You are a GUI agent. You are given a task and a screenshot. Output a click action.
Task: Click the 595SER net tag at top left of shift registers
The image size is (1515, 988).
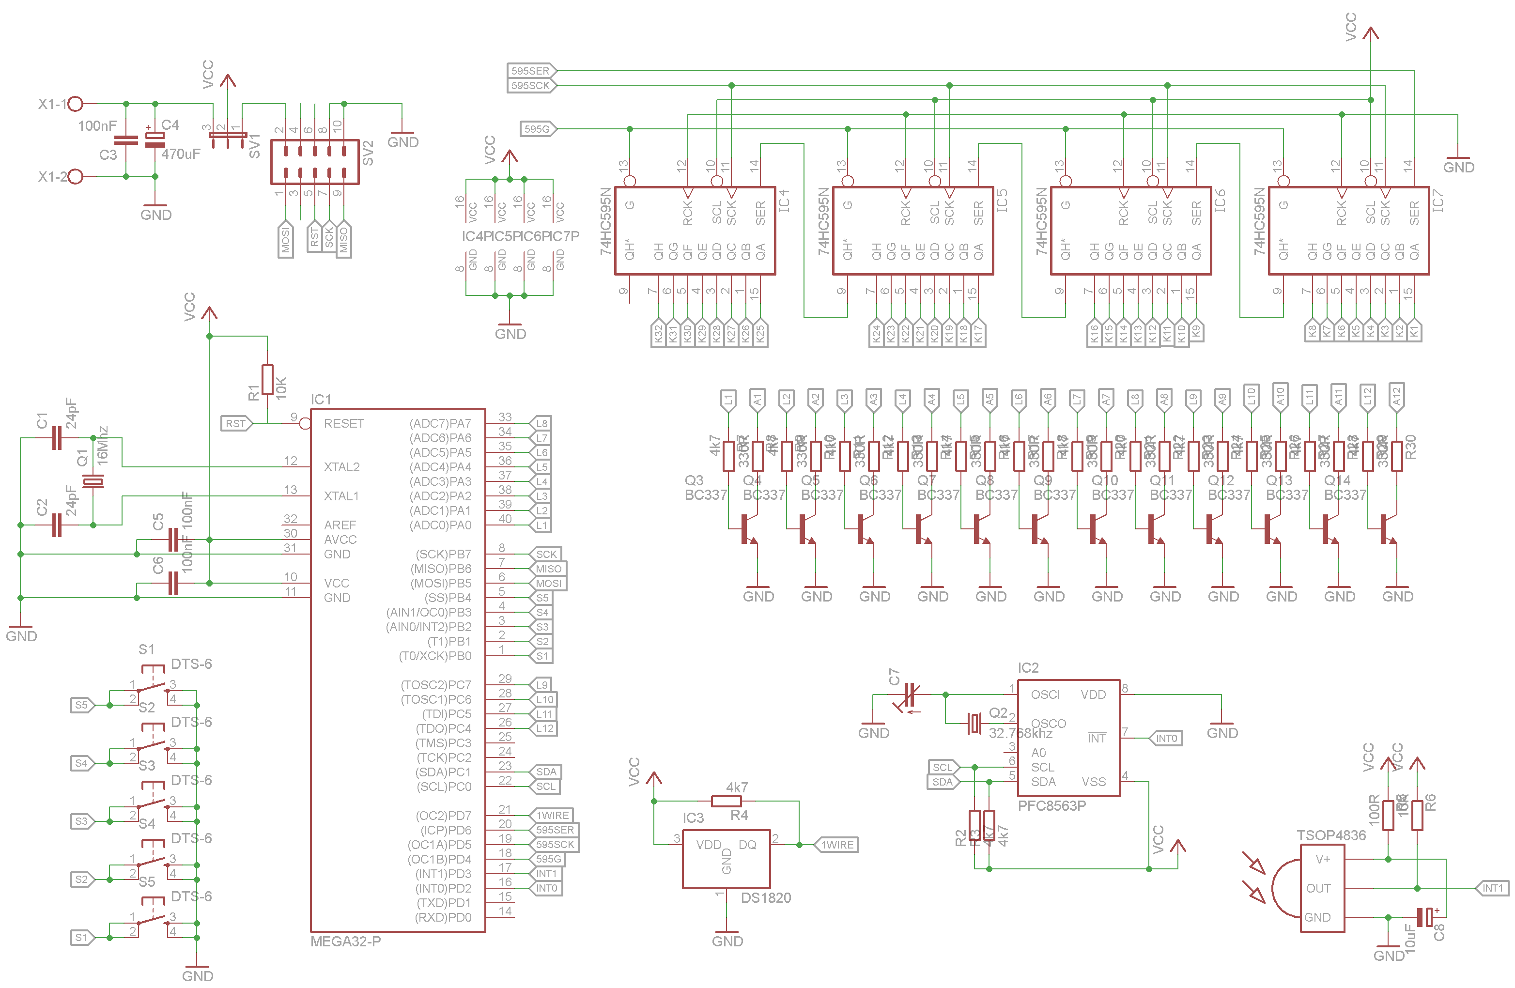[531, 71]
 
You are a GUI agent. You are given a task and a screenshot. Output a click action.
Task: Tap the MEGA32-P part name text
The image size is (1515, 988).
[346, 942]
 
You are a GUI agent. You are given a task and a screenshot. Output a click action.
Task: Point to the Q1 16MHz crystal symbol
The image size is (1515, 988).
[93, 481]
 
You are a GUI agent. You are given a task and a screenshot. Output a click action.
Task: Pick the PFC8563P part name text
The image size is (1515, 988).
[1051, 806]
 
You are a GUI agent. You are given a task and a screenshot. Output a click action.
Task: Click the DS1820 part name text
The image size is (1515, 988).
[766, 897]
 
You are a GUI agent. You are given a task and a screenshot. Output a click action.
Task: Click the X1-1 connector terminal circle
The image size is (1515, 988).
[75, 103]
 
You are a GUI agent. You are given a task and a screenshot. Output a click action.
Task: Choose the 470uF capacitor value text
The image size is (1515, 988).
[181, 154]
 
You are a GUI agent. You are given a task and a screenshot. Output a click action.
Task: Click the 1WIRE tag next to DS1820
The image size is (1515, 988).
[836, 845]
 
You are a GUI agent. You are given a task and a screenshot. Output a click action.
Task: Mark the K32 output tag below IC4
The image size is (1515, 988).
[658, 334]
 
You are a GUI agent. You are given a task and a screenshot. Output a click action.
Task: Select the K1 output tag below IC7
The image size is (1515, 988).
[1414, 331]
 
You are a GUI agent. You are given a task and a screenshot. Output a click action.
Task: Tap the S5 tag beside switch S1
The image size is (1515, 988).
[81, 705]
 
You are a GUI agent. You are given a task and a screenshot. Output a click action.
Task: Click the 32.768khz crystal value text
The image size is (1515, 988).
[1020, 733]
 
